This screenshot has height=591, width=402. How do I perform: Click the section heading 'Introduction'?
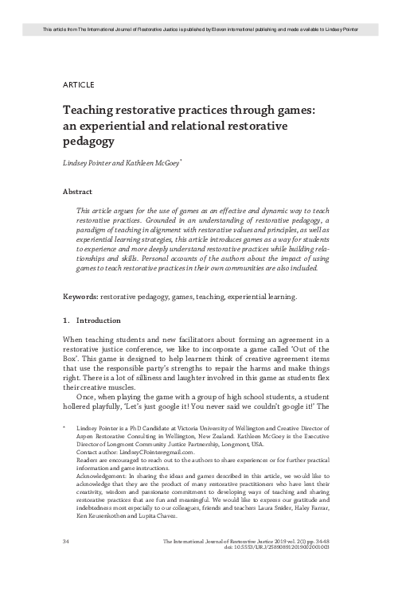98,321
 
